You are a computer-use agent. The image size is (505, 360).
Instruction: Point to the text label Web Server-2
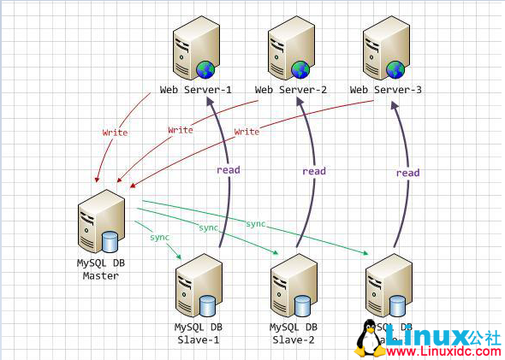(291, 89)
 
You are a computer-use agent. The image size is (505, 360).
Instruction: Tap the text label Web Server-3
(386, 89)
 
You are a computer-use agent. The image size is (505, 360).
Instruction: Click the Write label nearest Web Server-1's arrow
(115, 133)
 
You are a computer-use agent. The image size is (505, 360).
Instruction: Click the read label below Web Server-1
(229, 169)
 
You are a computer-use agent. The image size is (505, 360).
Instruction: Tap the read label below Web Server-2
(314, 171)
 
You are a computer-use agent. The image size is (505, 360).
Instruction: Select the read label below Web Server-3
(407, 173)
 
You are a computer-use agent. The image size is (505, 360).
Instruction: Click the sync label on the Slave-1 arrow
(159, 236)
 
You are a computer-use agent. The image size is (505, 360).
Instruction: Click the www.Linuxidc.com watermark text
(443, 351)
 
